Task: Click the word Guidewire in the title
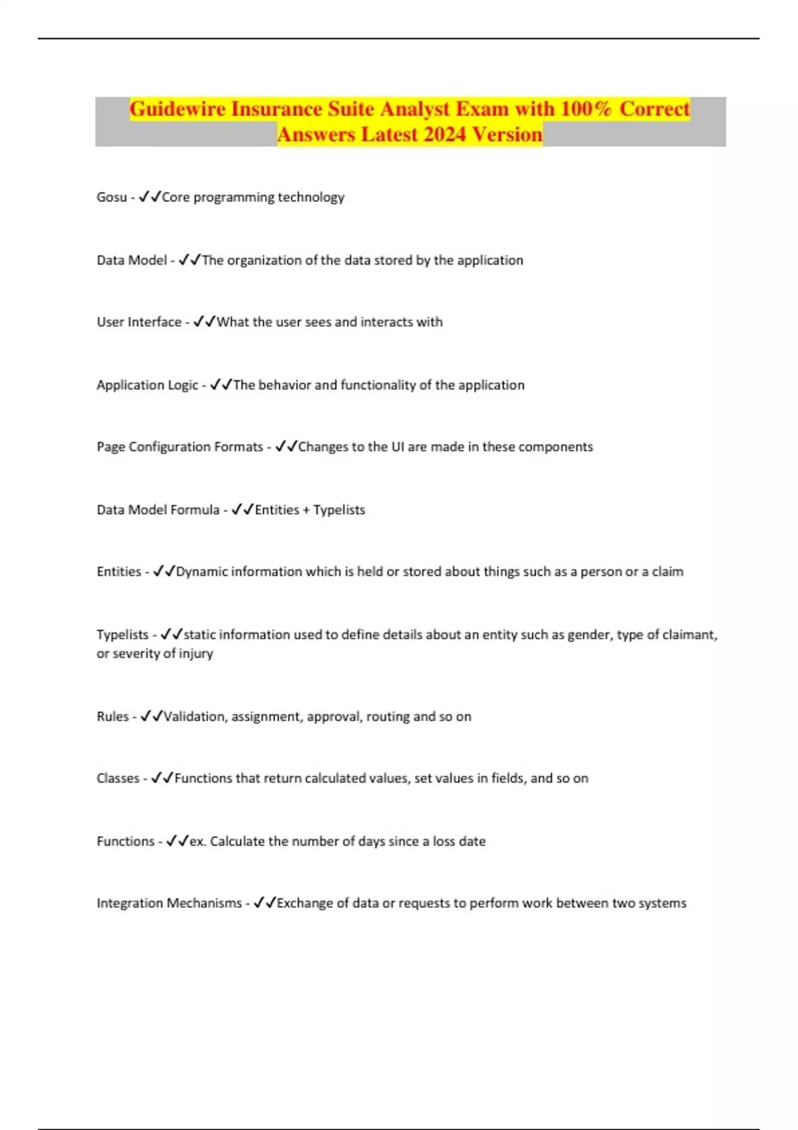[178, 109]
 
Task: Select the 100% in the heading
[586, 109]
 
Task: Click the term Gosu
[111, 197]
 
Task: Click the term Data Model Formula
[158, 510]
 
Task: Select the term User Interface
[139, 322]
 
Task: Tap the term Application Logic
[147, 386]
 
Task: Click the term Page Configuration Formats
[180, 447]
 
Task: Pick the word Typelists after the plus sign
[339, 510]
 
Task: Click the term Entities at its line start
[118, 572]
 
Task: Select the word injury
[196, 653]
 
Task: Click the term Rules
[112, 717]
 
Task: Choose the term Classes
[118, 778]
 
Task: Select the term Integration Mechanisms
[169, 903]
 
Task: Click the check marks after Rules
[151, 717]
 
